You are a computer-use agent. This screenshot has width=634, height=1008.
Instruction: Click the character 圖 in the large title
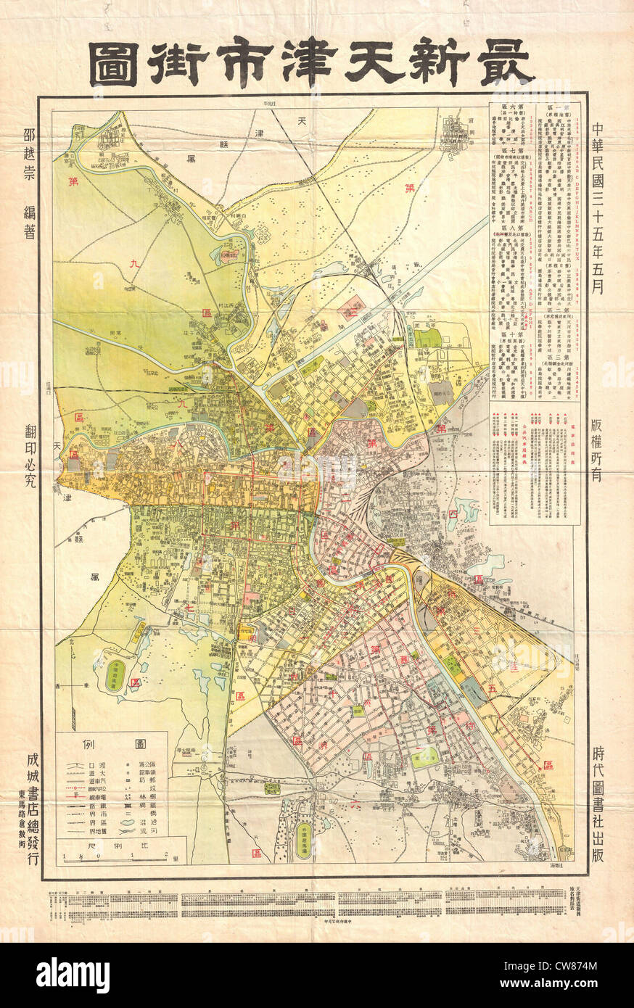pos(113,65)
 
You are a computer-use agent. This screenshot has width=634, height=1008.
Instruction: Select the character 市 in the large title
pos(271,65)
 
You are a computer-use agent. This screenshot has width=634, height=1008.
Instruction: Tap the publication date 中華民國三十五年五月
pos(597,206)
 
